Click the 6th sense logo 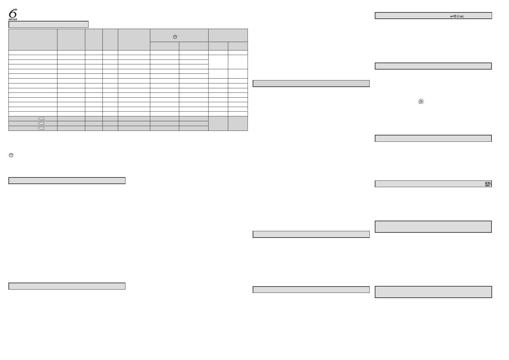pyautogui.click(x=13, y=14)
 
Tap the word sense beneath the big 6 pyautogui.click(x=13, y=19)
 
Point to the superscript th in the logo pyautogui.click(x=16, y=10)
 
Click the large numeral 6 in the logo pyautogui.click(x=12, y=14)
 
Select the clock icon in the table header pyautogui.click(x=175, y=37)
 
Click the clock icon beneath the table pyautogui.click(x=11, y=155)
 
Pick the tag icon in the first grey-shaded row pyautogui.click(x=41, y=119)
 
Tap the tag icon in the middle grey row pyautogui.click(x=41, y=124)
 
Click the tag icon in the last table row pyautogui.click(x=41, y=128)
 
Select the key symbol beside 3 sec pyautogui.click(x=453, y=16)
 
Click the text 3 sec pyautogui.click(x=460, y=16)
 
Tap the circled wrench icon pyautogui.click(x=420, y=102)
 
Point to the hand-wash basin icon pyautogui.click(x=488, y=183)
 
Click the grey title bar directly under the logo pyautogui.click(x=48, y=24)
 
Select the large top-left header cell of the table pyautogui.click(x=33, y=40)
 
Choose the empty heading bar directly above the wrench pyautogui.click(x=433, y=66)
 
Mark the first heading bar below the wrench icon pyautogui.click(x=433, y=138)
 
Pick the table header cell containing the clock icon pyautogui.click(x=179, y=35)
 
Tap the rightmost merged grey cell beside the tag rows pyautogui.click(x=238, y=123)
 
